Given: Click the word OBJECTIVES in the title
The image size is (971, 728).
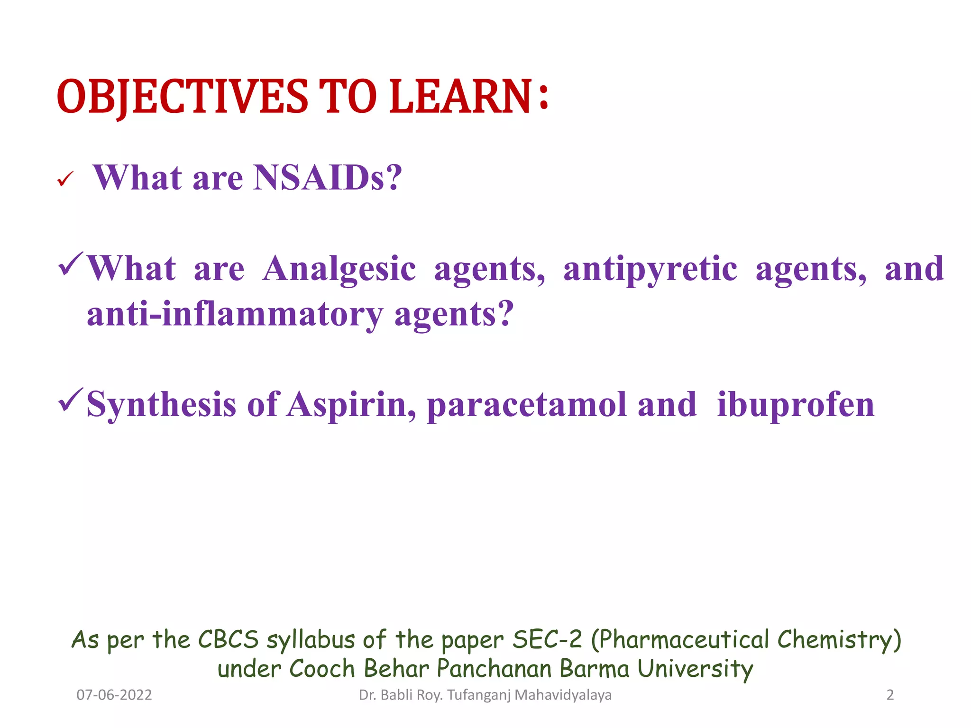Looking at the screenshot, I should [183, 97].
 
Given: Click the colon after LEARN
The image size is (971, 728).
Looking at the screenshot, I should [543, 97].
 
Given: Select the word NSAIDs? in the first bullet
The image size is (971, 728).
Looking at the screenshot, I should [328, 178].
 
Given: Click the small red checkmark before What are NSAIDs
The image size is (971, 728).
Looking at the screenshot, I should [64, 180].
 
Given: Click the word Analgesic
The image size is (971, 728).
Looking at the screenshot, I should [339, 269].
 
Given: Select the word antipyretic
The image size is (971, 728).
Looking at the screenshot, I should [650, 269].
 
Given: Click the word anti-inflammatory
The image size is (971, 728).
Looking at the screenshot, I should [235, 314].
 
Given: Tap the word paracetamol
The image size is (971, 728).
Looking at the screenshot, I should [527, 405].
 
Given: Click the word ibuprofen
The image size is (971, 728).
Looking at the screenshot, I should [796, 405].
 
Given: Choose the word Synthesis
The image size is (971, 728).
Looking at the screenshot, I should [162, 405].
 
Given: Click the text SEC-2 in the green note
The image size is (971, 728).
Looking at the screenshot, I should [547, 639].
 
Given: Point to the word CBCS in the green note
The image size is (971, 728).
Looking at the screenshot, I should [229, 639].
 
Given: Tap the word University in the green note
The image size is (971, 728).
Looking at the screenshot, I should [695, 669].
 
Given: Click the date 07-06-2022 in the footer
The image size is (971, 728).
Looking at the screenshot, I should [114, 695].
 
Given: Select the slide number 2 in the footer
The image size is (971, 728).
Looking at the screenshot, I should [890, 695].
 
